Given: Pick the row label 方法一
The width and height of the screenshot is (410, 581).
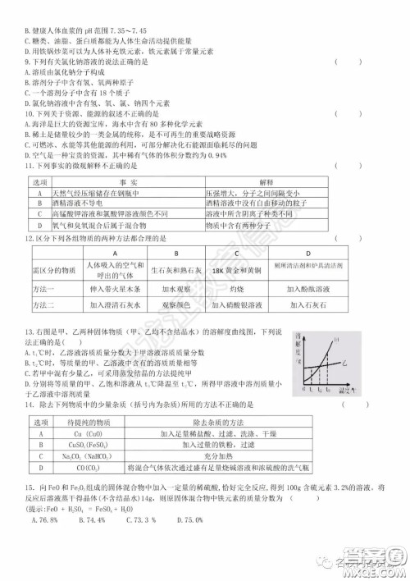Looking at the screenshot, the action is [47, 289].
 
